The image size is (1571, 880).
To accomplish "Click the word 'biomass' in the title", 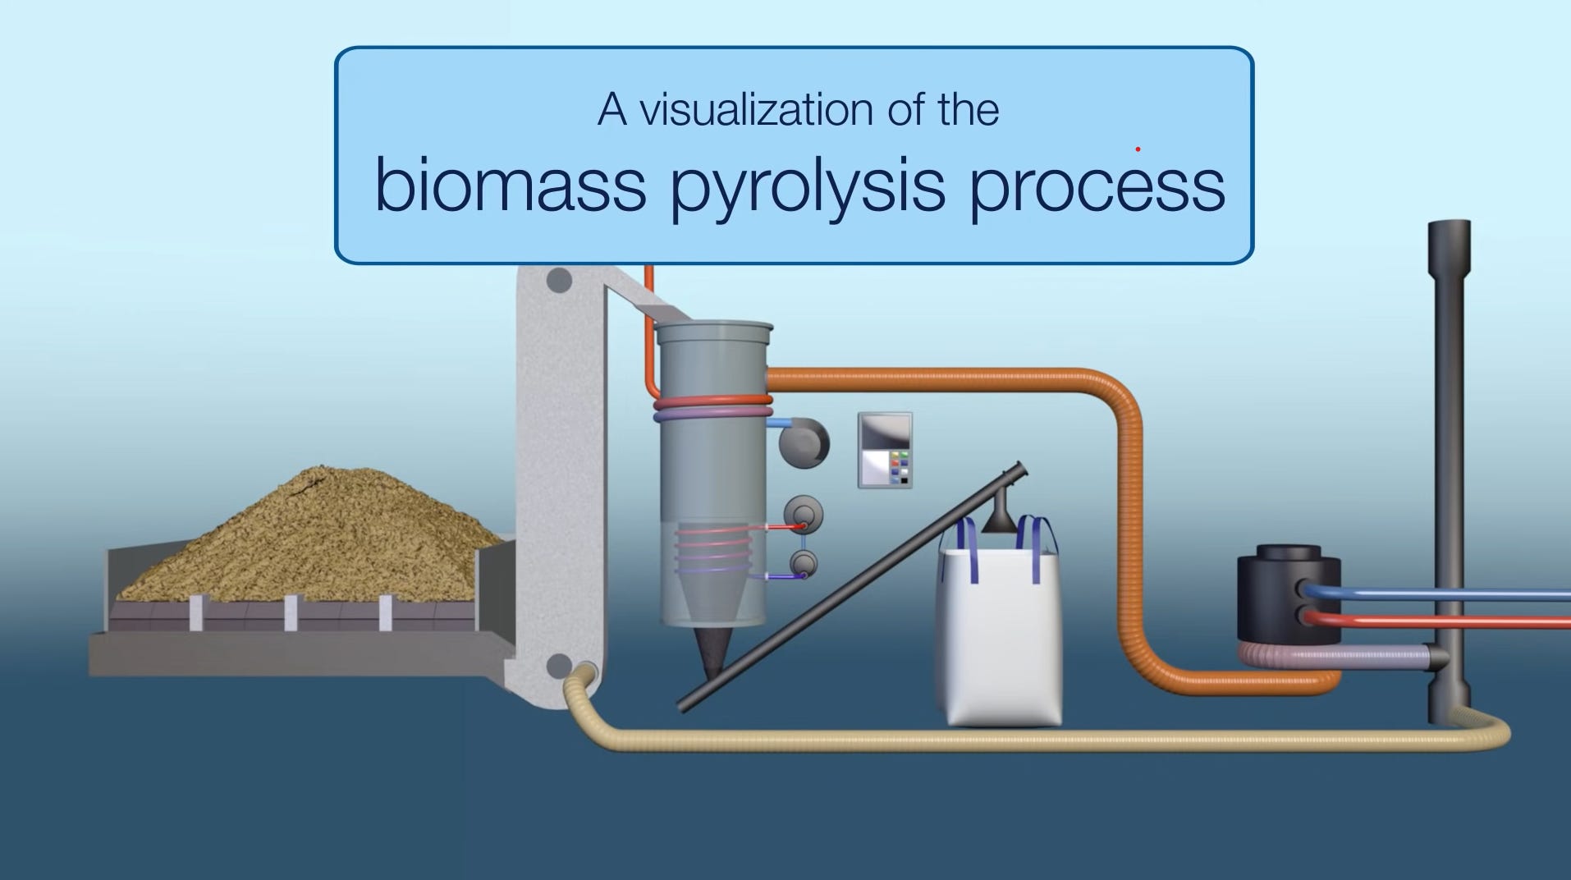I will [510, 186].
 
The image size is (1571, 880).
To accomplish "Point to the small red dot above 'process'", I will [1138, 149].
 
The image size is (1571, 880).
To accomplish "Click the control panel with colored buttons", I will [885, 451].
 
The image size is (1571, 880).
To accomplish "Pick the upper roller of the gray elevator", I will [559, 281].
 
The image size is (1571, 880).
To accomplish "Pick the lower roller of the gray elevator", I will [559, 665].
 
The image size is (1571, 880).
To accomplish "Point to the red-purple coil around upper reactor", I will [713, 407].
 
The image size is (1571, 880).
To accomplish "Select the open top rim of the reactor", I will [714, 326].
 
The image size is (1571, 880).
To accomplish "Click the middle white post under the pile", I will [291, 612].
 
